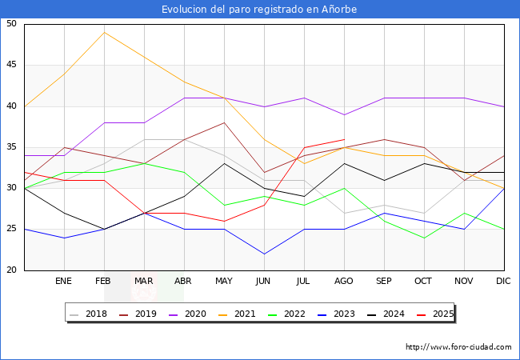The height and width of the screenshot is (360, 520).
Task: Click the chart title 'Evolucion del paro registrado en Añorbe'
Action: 259,10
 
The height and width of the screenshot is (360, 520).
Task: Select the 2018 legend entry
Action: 90,314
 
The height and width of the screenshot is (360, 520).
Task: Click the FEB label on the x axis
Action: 104,282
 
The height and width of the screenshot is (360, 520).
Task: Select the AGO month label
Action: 344,282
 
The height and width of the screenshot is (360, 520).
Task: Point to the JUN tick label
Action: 264,282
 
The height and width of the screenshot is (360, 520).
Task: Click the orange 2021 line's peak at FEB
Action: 104,32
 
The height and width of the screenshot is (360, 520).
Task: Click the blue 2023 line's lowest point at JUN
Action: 264,254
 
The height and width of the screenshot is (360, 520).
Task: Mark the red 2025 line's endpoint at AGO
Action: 344,139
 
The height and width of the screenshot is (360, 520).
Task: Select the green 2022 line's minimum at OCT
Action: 424,238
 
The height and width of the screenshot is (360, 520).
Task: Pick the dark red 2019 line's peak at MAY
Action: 224,122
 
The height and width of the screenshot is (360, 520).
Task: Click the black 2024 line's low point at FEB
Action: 104,229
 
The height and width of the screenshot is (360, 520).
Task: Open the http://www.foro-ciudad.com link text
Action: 458,347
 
